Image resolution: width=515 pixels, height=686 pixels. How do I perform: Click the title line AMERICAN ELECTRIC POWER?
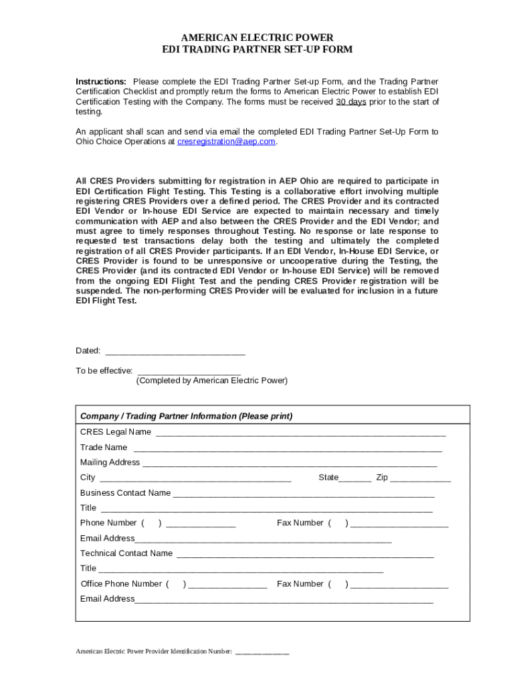click(x=257, y=38)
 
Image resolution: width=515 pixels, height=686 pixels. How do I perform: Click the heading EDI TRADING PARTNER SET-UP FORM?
click(x=257, y=50)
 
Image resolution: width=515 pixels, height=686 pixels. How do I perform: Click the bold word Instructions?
click(x=101, y=82)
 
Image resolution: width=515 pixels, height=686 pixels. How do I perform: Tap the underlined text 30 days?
click(x=350, y=102)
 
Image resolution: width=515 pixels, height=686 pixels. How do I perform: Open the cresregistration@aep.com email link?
click(x=226, y=142)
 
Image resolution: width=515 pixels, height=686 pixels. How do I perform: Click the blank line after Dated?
click(x=175, y=351)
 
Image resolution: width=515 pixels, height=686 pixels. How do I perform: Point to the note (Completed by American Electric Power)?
click(x=211, y=381)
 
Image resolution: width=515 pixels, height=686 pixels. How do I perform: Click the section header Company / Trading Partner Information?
click(x=186, y=416)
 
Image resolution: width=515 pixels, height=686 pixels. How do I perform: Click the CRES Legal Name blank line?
click(x=301, y=433)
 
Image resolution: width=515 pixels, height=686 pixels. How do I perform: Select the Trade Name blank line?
click(x=288, y=448)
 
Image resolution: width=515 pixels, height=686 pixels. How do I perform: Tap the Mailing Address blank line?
click(x=290, y=463)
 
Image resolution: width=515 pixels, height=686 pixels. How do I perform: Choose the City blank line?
click(x=195, y=479)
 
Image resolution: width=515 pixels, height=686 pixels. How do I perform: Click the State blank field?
click(x=355, y=479)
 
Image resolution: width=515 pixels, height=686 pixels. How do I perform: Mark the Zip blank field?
click(x=420, y=479)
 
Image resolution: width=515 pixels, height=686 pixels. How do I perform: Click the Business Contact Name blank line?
click(x=304, y=494)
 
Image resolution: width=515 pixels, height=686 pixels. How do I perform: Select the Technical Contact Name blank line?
click(x=305, y=555)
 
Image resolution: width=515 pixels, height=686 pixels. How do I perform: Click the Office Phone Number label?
click(x=121, y=584)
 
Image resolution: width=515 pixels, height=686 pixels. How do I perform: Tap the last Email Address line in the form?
click(x=284, y=600)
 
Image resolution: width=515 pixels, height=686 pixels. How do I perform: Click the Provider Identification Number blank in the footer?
click(x=262, y=652)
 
